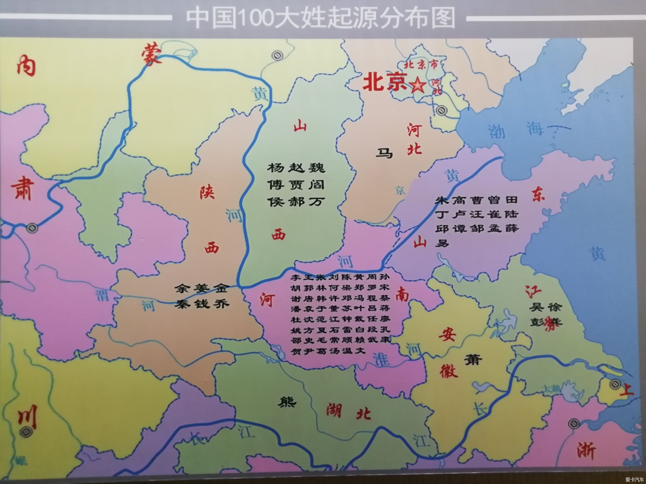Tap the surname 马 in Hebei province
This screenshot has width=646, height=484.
pos(384,153)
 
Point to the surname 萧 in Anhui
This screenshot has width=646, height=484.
pos(473,360)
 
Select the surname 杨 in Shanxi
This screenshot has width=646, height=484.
pos(275,168)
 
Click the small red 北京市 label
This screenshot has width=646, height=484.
pos(421,65)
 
